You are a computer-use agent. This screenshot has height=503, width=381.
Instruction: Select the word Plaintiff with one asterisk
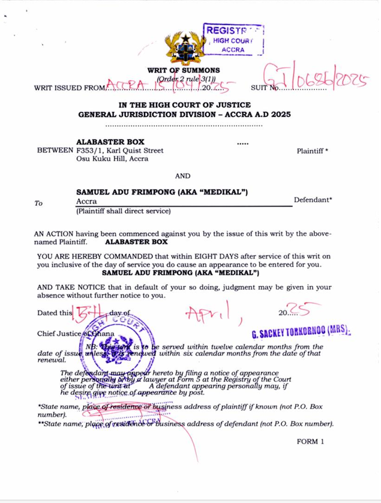312,151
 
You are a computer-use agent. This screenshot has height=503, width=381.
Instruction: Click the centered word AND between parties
182,176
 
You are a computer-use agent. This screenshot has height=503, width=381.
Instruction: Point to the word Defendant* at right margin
313,200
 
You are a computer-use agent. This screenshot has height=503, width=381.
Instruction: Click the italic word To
38,203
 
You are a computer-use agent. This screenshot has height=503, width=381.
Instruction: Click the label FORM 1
310,441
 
